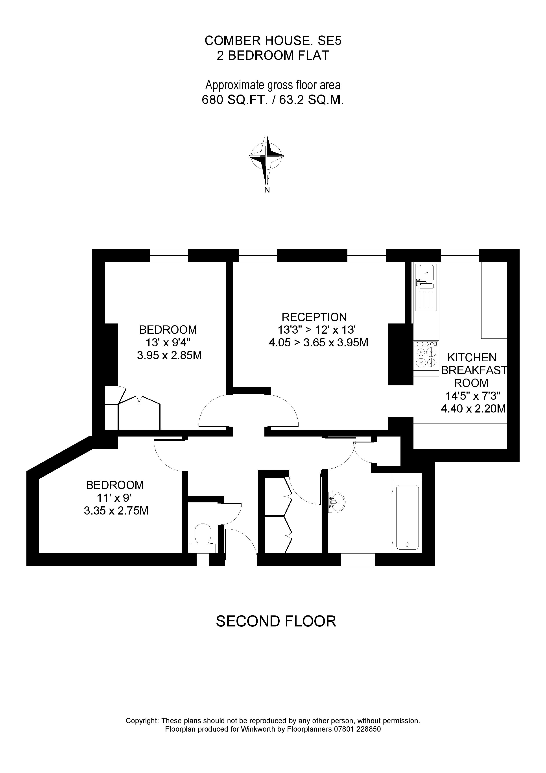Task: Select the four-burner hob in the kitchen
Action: pos(426,358)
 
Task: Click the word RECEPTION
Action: pos(314,317)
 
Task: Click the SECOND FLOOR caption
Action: pos(276,621)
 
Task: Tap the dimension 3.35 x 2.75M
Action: pos(116,511)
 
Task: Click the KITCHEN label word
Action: pos(472,357)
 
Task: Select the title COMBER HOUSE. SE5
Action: pos(273,41)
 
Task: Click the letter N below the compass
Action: pos(267,190)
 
